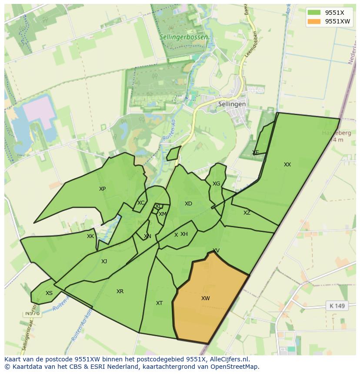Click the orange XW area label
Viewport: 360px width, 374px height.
[x=205, y=298]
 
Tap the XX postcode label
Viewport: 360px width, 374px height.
[x=287, y=165]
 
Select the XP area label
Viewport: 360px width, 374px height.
[x=102, y=189]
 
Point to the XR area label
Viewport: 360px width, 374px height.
[x=120, y=291]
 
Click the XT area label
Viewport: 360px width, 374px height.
[x=159, y=303]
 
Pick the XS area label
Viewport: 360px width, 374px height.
[x=49, y=293]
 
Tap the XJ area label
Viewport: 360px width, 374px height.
[x=104, y=261]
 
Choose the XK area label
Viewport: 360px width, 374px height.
[x=90, y=237]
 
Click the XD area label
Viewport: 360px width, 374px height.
[x=188, y=204]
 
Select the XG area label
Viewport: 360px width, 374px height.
[x=216, y=184]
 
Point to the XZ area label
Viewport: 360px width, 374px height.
[x=247, y=213]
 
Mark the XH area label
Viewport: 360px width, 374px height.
[x=184, y=234]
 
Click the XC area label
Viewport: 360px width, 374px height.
[x=141, y=203]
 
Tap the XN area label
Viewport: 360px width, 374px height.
[x=147, y=237]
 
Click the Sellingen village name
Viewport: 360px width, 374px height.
[x=232, y=104]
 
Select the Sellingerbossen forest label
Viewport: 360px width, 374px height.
[x=183, y=37]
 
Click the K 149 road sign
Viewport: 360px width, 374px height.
[x=337, y=306]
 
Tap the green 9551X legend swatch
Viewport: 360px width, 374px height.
[x=313, y=13]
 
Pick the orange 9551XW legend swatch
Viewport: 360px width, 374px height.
[x=313, y=21]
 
